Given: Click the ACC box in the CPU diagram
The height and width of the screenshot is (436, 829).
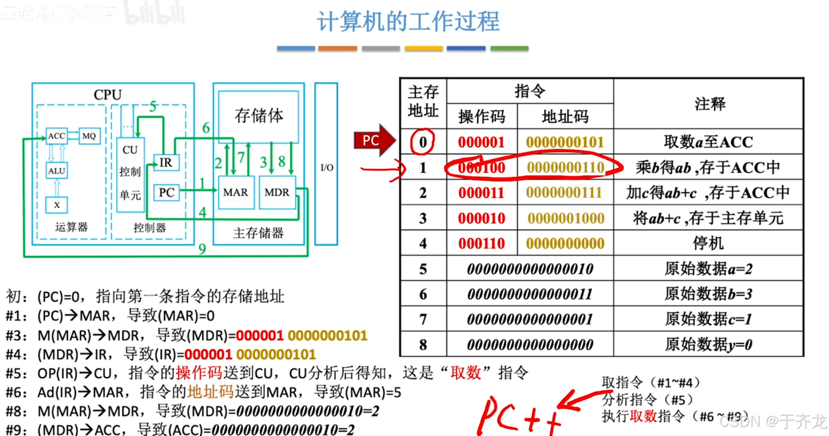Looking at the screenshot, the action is pyautogui.click(x=57, y=136).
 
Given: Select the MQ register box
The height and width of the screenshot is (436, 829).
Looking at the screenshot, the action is pyautogui.click(x=89, y=136).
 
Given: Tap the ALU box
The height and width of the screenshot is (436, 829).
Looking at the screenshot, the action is pyautogui.click(x=57, y=171).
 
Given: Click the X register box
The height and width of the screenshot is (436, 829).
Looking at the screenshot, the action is pyautogui.click(x=57, y=205).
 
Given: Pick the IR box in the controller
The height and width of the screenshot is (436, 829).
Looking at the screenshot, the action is pyautogui.click(x=166, y=163).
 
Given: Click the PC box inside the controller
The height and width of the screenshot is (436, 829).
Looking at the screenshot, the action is pyautogui.click(x=166, y=193).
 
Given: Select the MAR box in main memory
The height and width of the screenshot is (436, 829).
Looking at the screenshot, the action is pyautogui.click(x=236, y=193).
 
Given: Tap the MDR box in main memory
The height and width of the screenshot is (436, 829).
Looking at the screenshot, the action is pyautogui.click(x=277, y=193).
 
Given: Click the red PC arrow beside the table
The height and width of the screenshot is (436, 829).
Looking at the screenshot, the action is pyautogui.click(x=373, y=141).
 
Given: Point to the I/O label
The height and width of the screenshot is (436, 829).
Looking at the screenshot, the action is pyautogui.click(x=326, y=168).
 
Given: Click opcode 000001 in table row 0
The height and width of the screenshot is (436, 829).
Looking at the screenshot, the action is pyautogui.click(x=481, y=142).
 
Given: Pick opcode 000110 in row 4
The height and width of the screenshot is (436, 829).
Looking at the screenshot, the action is pyautogui.click(x=481, y=244).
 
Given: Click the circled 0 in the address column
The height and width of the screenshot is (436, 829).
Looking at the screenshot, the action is pyautogui.click(x=423, y=142).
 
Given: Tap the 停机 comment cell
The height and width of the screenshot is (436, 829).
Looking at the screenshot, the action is pyautogui.click(x=708, y=244).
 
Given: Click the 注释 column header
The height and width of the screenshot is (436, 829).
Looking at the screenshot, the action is pyautogui.click(x=710, y=104).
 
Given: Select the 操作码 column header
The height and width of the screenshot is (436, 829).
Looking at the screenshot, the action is pyautogui.click(x=481, y=117).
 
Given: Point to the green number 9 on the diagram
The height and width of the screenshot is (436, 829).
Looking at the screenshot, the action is pyautogui.click(x=202, y=249).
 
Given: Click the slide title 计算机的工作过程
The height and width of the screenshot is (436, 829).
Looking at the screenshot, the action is pyautogui.click(x=408, y=22).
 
